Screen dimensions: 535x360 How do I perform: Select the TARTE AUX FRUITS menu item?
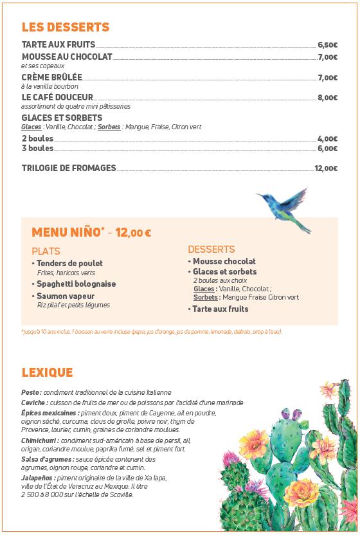tap(59, 45)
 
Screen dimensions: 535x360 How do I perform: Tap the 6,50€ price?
tap(327, 46)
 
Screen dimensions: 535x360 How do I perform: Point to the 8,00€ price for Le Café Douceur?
tap(327, 98)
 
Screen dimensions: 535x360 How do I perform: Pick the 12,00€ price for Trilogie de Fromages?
tap(325, 168)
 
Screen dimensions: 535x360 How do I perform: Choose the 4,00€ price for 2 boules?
tap(327, 139)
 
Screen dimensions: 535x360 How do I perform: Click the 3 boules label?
tap(37, 149)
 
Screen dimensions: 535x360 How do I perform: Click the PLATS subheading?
tap(46, 251)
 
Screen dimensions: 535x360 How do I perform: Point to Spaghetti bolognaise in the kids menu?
tap(76, 284)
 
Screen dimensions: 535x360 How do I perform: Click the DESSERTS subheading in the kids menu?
tap(211, 249)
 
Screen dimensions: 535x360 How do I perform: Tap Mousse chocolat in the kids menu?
tap(224, 261)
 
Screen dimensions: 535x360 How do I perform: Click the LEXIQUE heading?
tap(47, 372)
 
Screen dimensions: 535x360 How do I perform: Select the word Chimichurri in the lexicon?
tap(39, 440)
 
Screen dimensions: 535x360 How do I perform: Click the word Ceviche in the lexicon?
tap(33, 403)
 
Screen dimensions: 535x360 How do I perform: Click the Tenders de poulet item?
tap(69, 263)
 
